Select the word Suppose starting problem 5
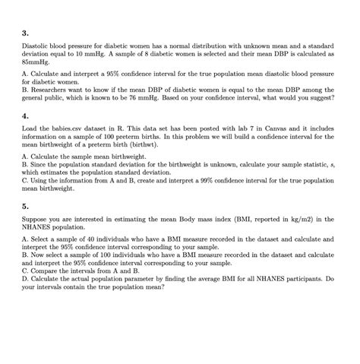click(x=36, y=219)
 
